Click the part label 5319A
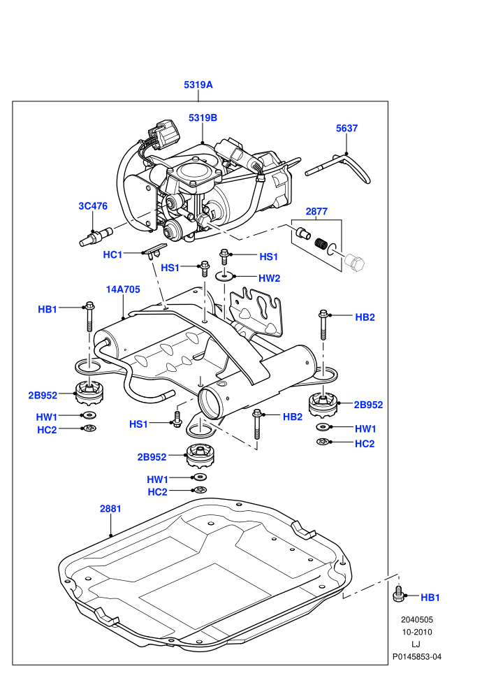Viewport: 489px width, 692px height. pos(198,85)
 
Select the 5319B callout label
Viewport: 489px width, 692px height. pos(203,118)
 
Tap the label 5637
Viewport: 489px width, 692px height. pos(346,128)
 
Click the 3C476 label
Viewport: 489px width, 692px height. pos(93,206)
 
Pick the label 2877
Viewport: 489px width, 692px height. pos(316,211)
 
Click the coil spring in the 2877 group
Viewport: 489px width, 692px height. pos(321,244)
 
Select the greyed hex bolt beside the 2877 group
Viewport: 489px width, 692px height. pos(354,264)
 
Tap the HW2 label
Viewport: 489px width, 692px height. pos(270,278)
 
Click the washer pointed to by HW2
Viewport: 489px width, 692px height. pos(224,276)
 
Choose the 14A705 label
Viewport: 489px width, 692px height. pos(123,289)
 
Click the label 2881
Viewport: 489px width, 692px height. pos(110,508)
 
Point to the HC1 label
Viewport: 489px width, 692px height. pos(112,254)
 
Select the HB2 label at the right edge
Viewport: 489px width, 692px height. pos(365,317)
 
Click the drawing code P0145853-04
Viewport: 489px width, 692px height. pos(417,656)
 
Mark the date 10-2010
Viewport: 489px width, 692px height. pos(417,632)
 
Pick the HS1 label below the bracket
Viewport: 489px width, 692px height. pos(138,424)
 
